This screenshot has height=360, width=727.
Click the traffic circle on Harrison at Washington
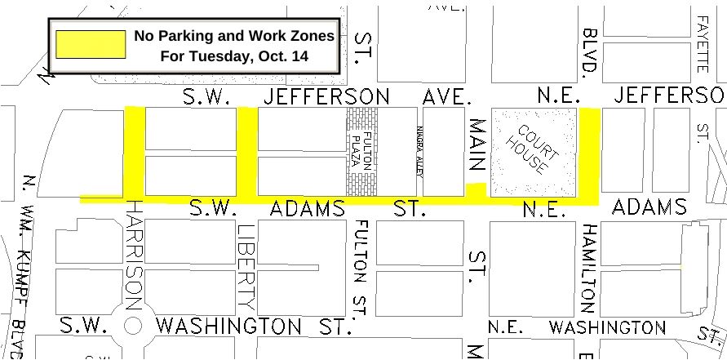pyautogui.click(x=134, y=325)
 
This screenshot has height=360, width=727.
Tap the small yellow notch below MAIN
pyautogui.click(x=476, y=189)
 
